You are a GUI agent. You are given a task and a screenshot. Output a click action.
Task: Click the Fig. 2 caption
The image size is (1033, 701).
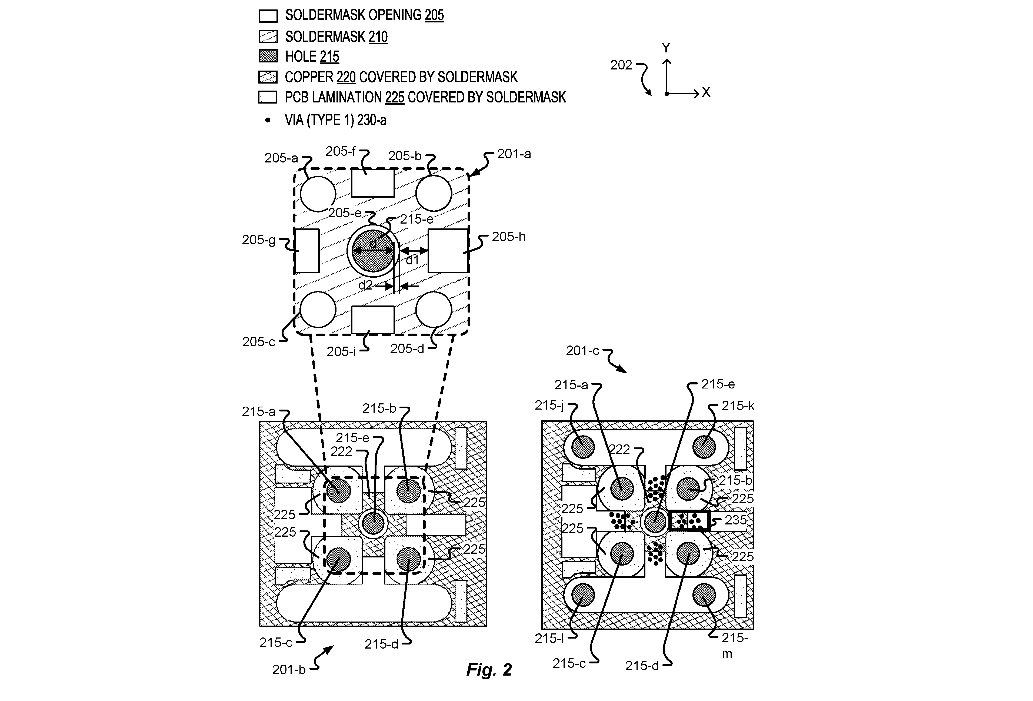click(x=489, y=669)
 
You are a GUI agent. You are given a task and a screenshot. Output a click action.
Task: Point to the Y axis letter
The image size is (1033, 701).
click(x=666, y=48)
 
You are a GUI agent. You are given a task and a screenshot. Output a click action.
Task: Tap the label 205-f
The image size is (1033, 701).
click(x=341, y=152)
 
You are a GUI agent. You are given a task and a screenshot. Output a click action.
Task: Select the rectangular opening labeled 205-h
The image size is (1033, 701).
click(x=448, y=251)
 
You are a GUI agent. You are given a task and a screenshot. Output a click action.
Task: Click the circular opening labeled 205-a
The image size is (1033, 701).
click(x=318, y=194)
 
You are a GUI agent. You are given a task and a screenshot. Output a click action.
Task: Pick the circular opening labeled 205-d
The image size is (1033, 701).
click(x=434, y=309)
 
